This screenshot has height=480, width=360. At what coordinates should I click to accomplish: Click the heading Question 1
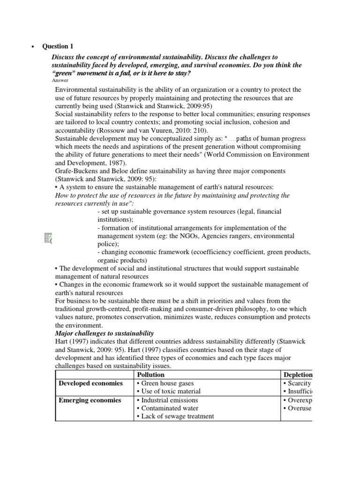(58, 46)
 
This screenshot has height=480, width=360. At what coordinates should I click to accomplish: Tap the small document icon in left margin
(48, 238)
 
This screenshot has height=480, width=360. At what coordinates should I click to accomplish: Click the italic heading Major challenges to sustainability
(104, 333)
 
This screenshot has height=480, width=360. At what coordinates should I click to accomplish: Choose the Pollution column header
(150, 375)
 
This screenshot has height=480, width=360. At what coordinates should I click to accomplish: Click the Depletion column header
(298, 375)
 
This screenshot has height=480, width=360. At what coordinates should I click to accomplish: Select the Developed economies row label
(90, 383)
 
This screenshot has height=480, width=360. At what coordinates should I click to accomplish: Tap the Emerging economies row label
(90, 400)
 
